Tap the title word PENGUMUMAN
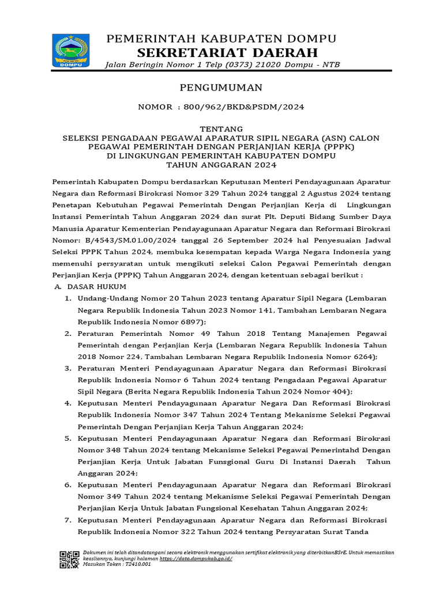click(221, 88)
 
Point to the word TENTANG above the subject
click(221, 128)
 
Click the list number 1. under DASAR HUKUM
click(67, 298)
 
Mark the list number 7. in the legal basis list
click(67, 520)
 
